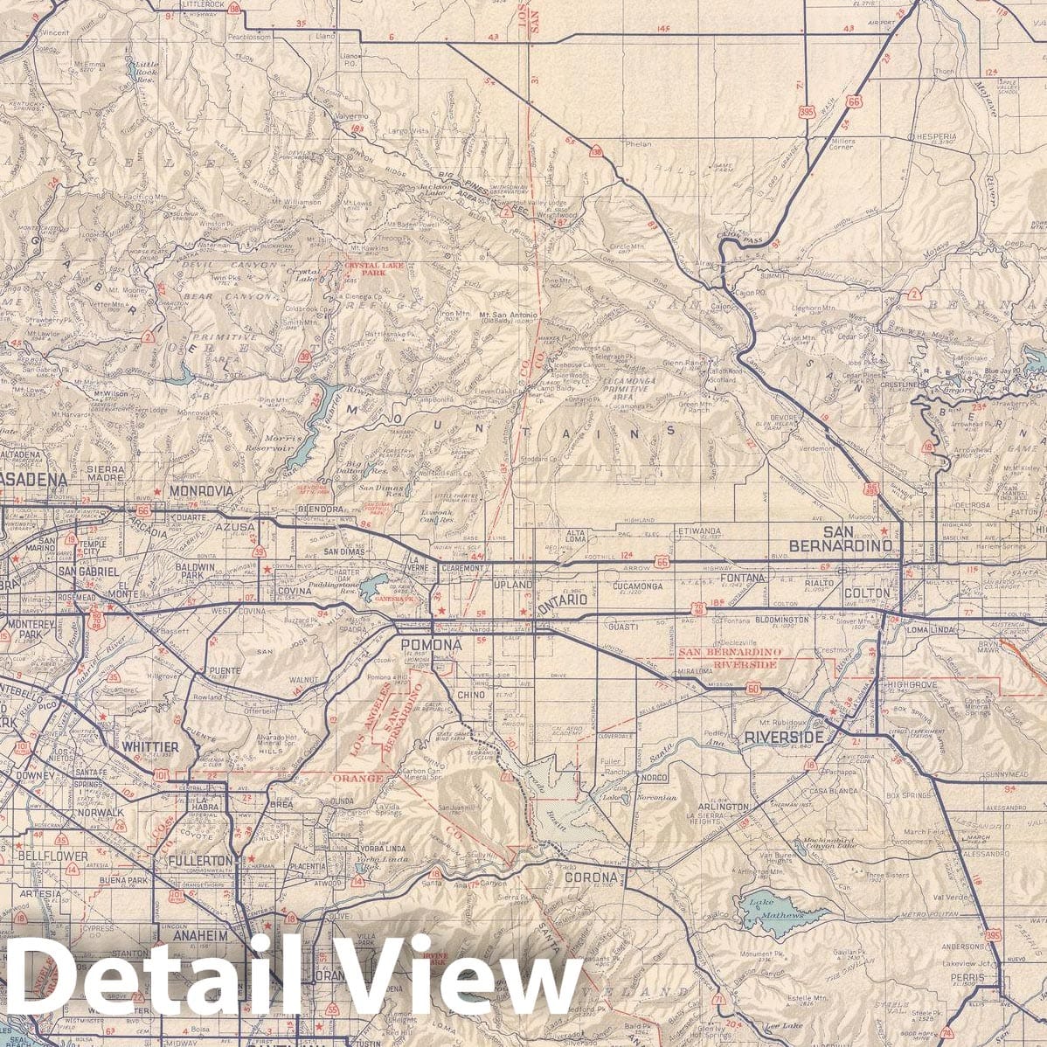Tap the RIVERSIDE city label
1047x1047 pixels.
point(783,738)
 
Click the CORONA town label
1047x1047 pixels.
point(591,877)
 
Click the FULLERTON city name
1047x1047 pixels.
point(206,861)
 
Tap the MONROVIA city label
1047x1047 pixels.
point(202,491)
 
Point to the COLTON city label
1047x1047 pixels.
point(865,593)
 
